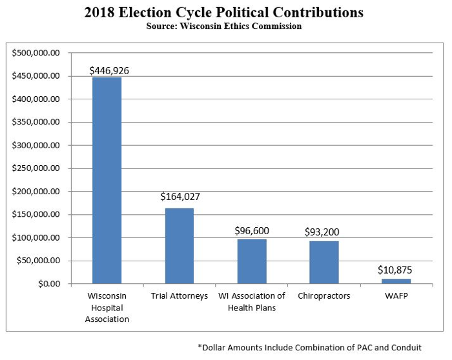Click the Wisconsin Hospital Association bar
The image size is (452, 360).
107,181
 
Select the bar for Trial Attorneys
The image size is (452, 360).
179,246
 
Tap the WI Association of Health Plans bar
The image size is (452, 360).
252,261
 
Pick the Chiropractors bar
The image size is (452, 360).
324,262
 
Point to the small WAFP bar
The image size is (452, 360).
396,281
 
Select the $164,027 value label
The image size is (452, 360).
180,197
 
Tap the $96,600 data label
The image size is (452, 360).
251,230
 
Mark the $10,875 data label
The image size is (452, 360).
395,270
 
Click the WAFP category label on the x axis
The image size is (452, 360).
395,296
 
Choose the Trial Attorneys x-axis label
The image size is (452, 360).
180,296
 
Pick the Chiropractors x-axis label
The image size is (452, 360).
324,296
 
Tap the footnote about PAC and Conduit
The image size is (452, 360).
309,347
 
